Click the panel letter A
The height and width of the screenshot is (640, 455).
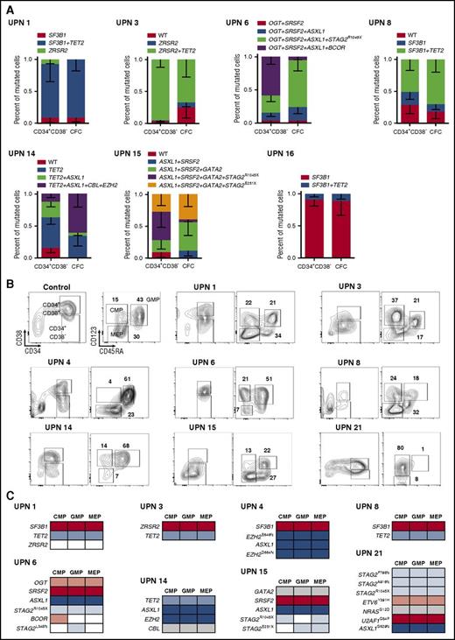pos(6,6)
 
